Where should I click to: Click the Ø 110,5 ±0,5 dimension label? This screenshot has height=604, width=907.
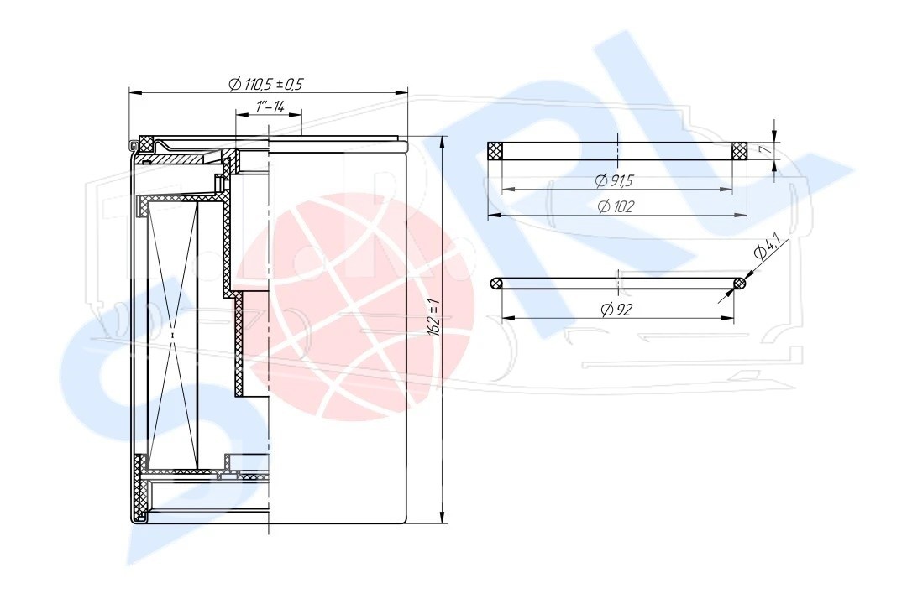pos(265,85)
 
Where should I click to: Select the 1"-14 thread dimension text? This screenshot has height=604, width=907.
pos(269,107)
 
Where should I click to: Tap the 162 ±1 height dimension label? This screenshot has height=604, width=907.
pos(433,317)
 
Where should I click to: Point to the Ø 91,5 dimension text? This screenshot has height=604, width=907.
pos(614,181)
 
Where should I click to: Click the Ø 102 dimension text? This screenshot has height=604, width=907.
pos(616,207)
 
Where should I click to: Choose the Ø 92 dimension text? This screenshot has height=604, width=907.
pos(616,310)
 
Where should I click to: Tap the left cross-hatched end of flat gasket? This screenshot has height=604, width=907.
pos(495,152)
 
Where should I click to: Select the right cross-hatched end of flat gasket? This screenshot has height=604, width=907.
pos(740,152)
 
